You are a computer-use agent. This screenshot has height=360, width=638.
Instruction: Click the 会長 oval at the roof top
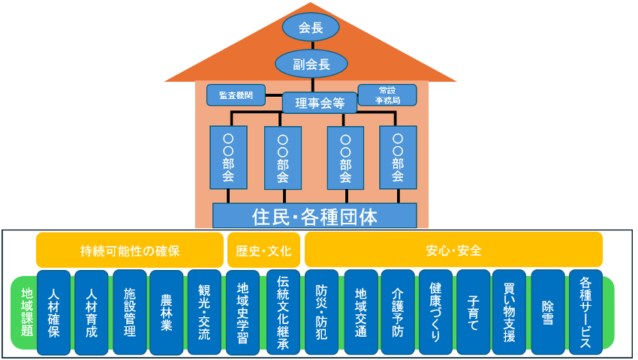point(311,28)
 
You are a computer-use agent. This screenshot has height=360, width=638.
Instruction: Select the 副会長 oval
point(311,64)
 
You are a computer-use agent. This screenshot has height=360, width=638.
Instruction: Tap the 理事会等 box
point(314,103)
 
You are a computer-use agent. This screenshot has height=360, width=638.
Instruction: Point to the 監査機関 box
point(236,95)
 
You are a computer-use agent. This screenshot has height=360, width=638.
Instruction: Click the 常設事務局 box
point(387,95)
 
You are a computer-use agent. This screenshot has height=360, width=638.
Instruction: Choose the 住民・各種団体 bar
point(314,216)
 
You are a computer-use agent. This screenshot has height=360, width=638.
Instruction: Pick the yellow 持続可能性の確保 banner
point(130,250)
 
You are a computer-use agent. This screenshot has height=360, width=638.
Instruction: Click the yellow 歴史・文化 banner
point(263,250)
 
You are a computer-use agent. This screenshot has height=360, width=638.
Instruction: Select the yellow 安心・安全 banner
point(453,250)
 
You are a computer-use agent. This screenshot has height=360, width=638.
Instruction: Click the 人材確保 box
point(53,311)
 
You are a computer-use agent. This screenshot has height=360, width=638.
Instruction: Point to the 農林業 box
point(167,311)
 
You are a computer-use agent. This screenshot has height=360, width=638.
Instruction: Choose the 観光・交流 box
point(204,311)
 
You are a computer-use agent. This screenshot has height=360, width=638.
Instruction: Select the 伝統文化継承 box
point(283,311)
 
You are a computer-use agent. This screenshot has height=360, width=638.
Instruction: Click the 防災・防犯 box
point(322,311)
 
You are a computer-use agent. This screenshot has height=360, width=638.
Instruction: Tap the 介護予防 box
point(398,311)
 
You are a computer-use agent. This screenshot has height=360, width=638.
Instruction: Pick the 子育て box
point(473,311)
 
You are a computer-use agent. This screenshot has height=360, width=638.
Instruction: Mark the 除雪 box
point(548,311)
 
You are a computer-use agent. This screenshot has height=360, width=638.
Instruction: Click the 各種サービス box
point(585,311)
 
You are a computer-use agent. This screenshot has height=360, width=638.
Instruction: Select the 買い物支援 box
point(510,311)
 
